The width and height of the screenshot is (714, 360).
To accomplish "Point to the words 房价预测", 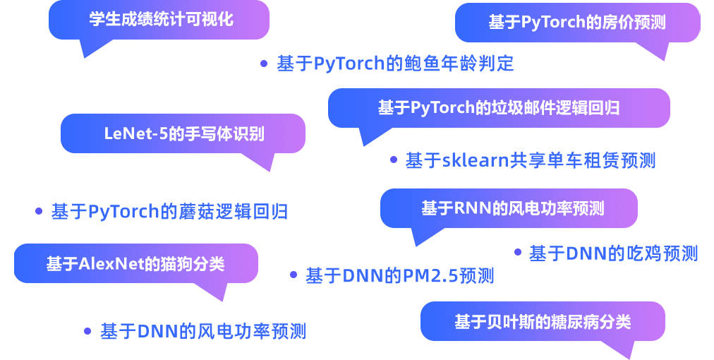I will [634, 23].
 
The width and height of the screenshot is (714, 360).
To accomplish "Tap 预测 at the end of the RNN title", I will [589, 209].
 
